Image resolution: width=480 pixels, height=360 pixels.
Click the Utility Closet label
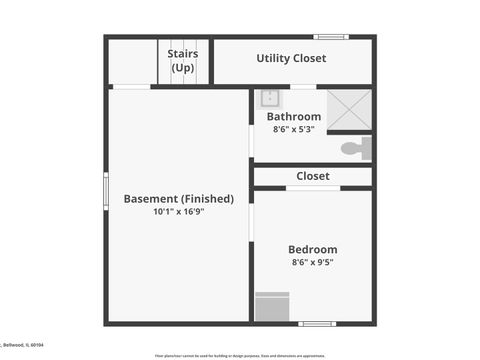[x=291, y=59]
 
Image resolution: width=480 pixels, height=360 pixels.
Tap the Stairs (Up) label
[x=182, y=60]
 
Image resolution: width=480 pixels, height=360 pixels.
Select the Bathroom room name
[x=293, y=117]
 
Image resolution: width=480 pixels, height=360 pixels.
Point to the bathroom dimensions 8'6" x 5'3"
[x=293, y=129]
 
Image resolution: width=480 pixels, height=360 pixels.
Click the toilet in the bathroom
[x=355, y=148]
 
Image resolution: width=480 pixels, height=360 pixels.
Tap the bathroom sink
[x=269, y=98]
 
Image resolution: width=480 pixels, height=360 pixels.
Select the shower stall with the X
[x=349, y=108]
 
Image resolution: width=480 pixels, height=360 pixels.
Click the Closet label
[x=312, y=176]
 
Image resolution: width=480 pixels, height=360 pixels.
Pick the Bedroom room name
[x=312, y=250]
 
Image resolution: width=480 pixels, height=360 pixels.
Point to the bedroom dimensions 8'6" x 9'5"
[x=312, y=263]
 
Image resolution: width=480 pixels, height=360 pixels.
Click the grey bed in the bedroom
[x=272, y=306]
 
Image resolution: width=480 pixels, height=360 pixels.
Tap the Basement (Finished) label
[x=178, y=199]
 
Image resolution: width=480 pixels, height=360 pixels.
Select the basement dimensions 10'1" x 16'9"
[x=178, y=212]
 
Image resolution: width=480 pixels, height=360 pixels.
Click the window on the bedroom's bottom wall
[x=318, y=323]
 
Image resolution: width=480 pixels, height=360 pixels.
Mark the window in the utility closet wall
[x=330, y=37]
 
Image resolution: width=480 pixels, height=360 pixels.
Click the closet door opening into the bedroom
[x=312, y=188]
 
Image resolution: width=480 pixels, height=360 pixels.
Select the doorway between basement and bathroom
[x=250, y=140]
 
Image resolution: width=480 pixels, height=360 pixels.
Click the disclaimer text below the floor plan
[x=239, y=355]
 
